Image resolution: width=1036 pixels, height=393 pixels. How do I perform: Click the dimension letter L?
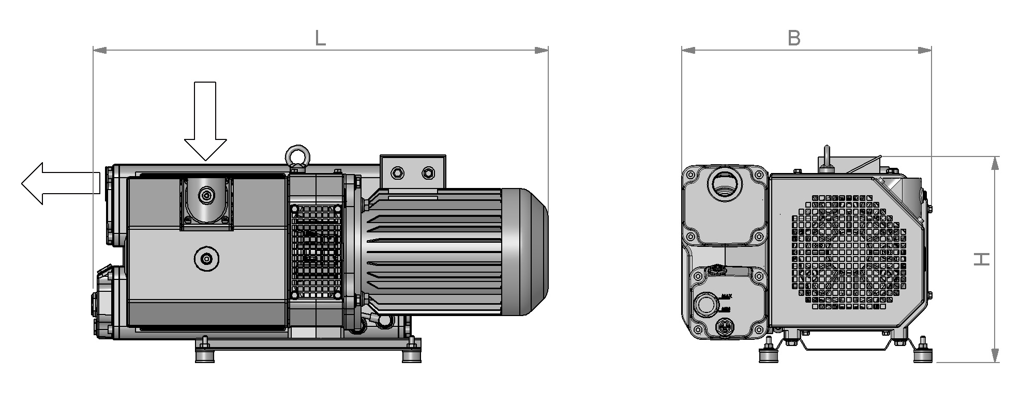(320, 38)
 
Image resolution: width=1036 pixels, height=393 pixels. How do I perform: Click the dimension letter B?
(794, 38)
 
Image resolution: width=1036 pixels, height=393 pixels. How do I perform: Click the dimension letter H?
(981, 259)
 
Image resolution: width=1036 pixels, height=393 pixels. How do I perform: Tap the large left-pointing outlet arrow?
(59, 183)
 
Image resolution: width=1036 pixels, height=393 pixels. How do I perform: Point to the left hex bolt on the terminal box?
(397, 172)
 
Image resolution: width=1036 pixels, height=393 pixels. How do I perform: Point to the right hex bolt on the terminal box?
(428, 172)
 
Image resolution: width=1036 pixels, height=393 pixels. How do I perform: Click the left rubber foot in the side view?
(205, 356)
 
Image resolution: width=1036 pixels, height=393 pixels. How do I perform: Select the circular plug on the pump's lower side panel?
(206, 259)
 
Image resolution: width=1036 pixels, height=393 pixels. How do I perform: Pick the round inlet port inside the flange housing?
(206, 195)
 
